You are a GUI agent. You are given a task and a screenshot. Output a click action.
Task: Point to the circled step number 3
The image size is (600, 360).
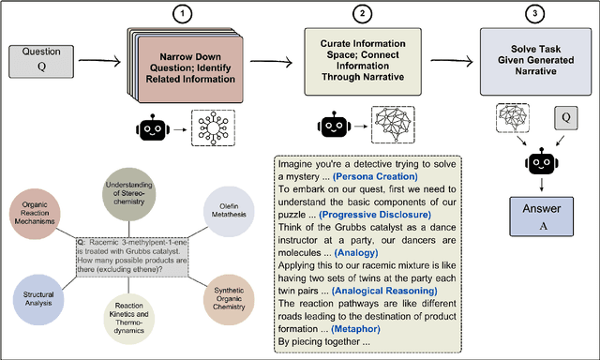pyautogui.click(x=533, y=13)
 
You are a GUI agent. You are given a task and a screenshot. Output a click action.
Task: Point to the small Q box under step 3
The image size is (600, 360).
pyautogui.click(x=565, y=119)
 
